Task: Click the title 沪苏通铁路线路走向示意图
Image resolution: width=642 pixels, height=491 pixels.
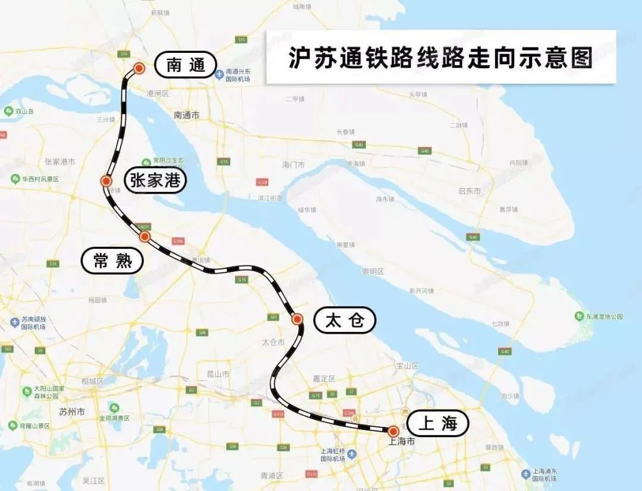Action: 440,58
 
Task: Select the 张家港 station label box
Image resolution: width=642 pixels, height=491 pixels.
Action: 155,180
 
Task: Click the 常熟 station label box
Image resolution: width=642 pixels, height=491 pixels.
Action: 112,260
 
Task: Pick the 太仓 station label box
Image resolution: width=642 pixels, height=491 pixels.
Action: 345,321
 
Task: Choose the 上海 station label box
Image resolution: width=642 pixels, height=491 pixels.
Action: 438,423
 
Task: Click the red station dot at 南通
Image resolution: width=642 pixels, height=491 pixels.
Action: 139,68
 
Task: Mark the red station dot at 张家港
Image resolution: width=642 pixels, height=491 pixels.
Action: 106,181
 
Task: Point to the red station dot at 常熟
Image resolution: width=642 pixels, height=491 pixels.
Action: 144,236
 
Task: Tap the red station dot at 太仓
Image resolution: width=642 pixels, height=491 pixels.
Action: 297,319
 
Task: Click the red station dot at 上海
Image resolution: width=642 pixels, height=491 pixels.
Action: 393,430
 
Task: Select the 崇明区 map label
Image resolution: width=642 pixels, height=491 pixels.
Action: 373,271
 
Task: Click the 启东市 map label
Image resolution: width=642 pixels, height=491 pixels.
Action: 469,191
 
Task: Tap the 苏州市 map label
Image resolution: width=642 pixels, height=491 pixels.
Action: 72,411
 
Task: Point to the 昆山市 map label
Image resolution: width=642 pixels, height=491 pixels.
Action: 218,374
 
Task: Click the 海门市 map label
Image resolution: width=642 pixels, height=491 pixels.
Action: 293,164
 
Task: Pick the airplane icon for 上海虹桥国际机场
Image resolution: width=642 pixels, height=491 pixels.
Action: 352,454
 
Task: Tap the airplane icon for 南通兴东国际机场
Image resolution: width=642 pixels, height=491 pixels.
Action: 219,74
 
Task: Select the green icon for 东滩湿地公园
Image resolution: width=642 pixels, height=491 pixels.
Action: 579,316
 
